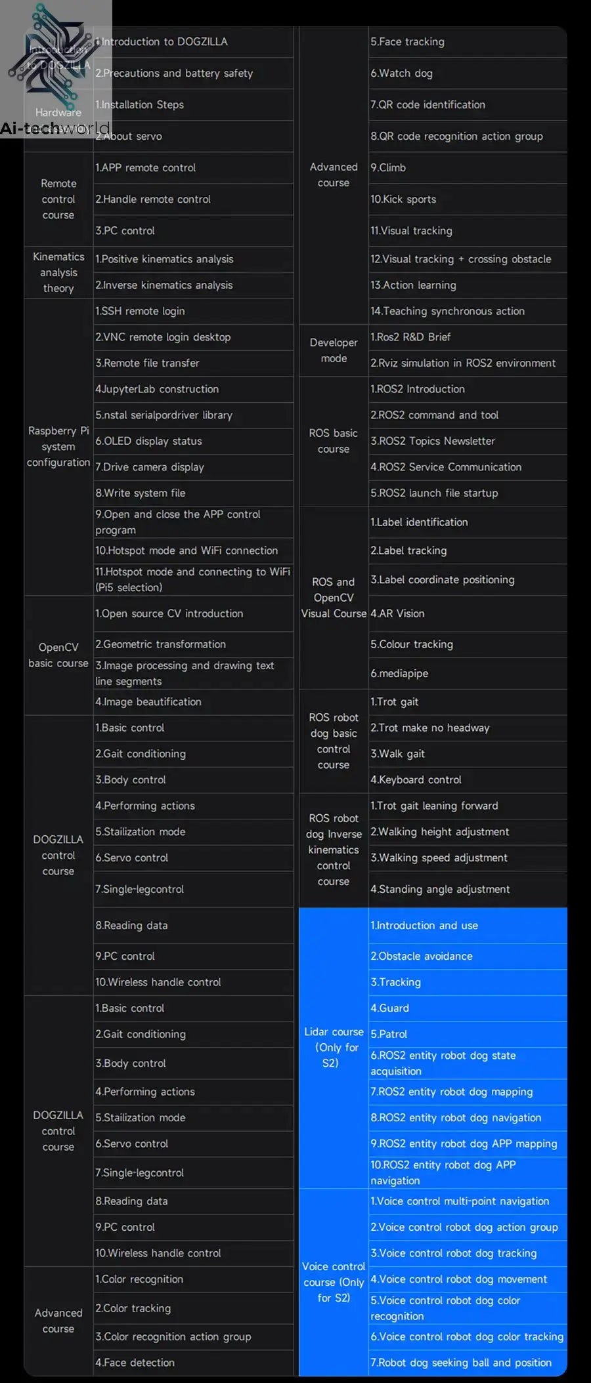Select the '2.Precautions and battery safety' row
point(174,73)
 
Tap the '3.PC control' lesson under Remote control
point(125,231)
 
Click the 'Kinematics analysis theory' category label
point(58,272)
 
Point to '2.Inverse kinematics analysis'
point(164,285)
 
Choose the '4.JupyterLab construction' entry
point(157,389)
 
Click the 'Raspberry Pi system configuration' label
point(58,447)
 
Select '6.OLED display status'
point(148,442)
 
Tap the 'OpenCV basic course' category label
point(58,655)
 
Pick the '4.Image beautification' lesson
point(148,702)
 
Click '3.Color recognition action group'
point(173,1336)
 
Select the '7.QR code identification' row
point(427,105)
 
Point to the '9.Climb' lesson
point(388,168)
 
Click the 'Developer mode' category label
point(334,350)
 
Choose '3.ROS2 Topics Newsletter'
point(433,442)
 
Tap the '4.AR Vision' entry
point(397,613)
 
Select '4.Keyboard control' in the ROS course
point(416,780)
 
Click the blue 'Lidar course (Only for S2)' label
point(334,1047)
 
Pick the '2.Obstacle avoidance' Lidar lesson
point(422,957)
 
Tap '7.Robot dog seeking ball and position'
point(461,1363)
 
